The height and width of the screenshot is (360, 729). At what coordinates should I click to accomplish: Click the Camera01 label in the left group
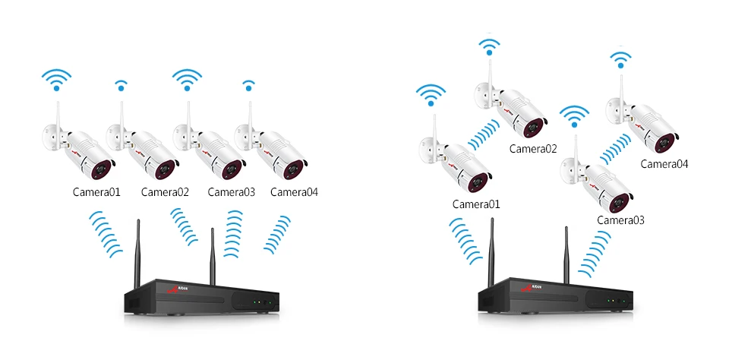tap(96, 192)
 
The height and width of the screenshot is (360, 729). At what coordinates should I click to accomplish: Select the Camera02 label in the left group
tap(165, 192)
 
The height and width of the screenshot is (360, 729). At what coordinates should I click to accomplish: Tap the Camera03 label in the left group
tap(231, 192)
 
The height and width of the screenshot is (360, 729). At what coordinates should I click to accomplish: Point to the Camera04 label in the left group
tap(294, 192)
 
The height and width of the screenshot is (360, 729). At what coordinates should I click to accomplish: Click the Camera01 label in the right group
tap(476, 204)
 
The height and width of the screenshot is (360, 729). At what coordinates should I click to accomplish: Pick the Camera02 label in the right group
tap(533, 149)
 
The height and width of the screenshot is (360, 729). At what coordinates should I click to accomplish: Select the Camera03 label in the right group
tap(620, 220)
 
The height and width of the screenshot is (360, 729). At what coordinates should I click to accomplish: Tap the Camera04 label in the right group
tap(664, 163)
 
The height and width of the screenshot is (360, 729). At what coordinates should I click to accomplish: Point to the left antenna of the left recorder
tap(138, 248)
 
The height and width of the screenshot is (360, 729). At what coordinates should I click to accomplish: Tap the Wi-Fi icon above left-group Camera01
tap(56, 79)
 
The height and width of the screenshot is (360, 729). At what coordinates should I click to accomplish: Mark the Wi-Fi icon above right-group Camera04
tap(620, 60)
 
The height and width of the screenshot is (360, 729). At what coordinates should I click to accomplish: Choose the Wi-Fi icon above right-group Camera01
tap(431, 96)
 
